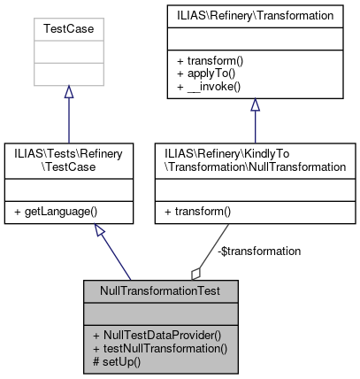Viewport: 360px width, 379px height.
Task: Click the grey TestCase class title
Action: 68,28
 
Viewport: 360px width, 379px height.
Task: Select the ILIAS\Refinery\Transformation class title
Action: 254,15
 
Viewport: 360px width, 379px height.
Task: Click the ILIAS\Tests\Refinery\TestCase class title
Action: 67,159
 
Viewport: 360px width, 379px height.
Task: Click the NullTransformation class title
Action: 254,159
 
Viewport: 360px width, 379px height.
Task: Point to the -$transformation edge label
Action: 258,251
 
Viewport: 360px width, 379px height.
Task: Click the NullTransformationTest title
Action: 162,290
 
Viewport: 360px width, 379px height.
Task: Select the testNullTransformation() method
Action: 160,348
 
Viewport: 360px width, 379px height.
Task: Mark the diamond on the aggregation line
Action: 195,273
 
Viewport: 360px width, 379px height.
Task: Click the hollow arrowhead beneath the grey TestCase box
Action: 68,92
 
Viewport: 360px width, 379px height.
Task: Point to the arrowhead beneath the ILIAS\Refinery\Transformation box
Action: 255,104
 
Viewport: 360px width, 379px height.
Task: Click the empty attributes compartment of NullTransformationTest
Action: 162,313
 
